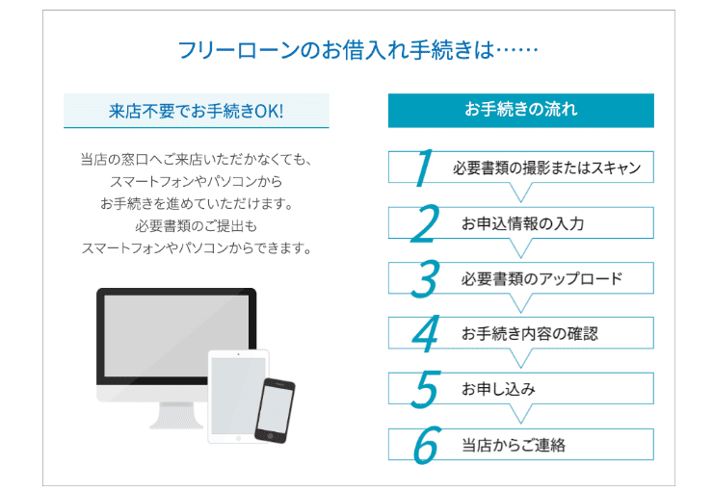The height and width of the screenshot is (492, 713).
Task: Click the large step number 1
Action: (422, 167)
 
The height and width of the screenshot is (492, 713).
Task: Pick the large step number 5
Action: (424, 389)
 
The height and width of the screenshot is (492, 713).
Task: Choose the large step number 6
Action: (424, 444)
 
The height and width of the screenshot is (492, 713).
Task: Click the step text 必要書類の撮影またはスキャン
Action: (546, 168)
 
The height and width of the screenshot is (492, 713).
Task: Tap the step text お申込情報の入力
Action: (522, 223)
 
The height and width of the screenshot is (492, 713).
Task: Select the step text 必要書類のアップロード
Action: (541, 279)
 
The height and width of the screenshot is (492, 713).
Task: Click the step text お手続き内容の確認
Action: (529, 334)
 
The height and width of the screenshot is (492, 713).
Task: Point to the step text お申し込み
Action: (498, 390)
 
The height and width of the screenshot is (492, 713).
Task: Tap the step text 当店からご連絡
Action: (513, 445)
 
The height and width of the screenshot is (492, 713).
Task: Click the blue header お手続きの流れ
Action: (520, 110)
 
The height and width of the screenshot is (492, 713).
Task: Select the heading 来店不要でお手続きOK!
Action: (197, 111)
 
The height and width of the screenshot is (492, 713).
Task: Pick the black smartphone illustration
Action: (275, 409)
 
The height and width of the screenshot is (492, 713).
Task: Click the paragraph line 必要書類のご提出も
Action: (197, 225)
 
